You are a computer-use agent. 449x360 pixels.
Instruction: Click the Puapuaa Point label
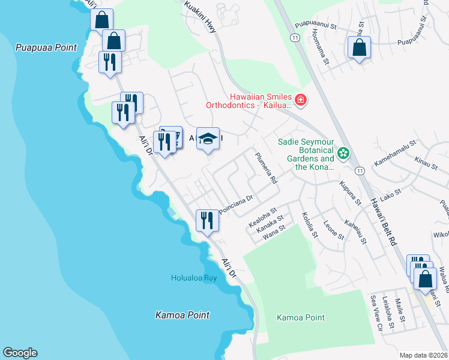point(47,47)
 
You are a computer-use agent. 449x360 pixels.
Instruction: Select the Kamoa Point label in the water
point(182,315)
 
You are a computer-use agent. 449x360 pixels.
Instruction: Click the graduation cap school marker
point(208,139)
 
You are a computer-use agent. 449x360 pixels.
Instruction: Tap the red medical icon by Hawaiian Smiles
point(301,100)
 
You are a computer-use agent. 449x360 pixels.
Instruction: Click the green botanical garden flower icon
point(343,154)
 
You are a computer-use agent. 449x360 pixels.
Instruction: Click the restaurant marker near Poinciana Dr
point(207,220)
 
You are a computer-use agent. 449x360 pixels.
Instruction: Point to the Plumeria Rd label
point(265,168)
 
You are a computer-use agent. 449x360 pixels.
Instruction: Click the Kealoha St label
point(262,220)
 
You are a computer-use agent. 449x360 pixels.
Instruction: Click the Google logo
point(20,353)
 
